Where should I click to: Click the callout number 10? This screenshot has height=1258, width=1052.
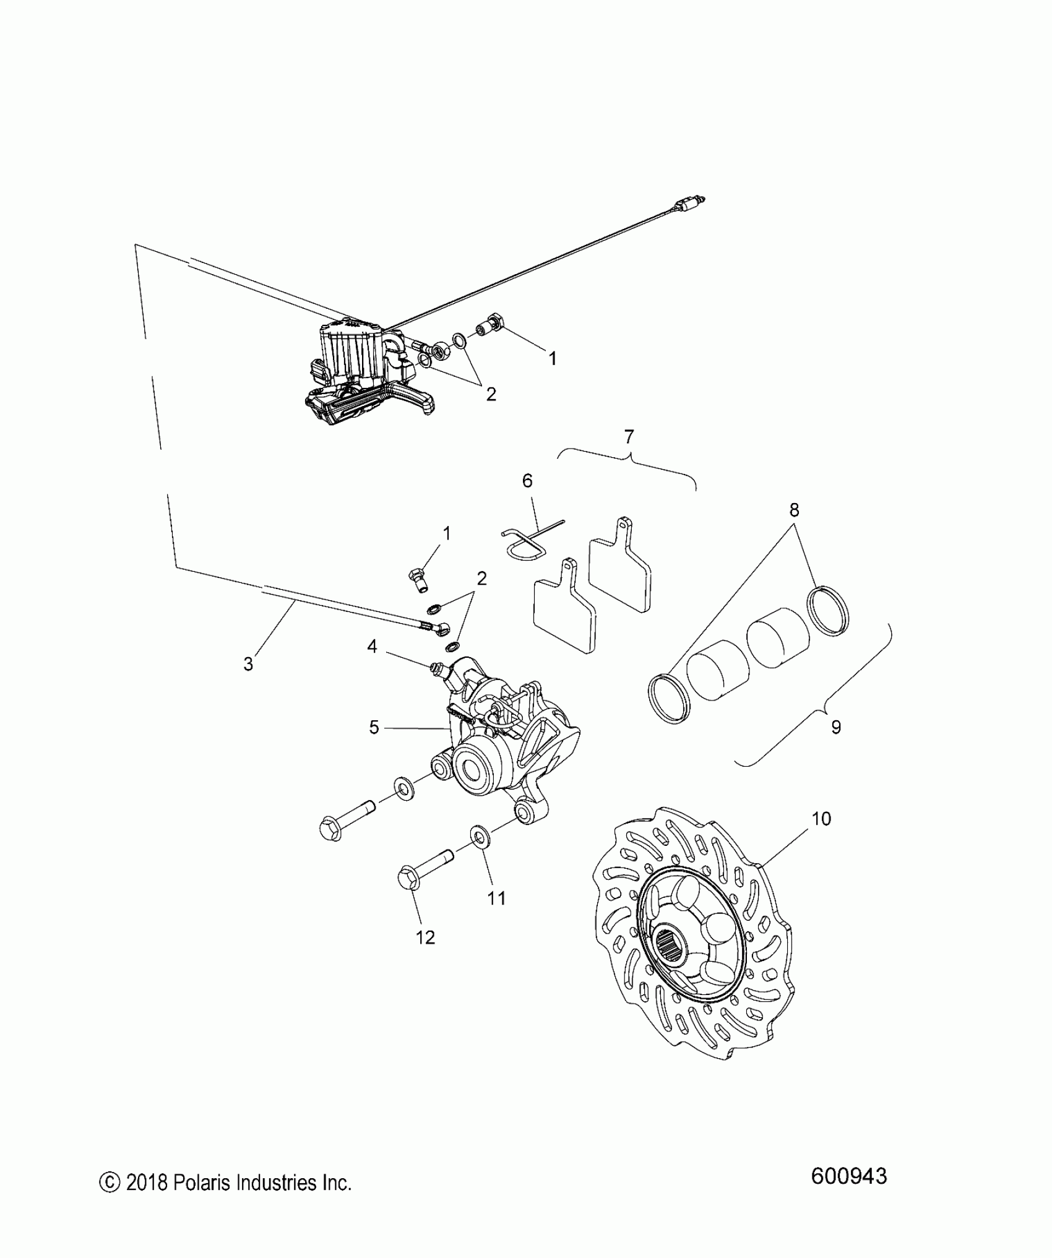tap(821, 819)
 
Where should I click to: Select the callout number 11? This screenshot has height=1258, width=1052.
tap(496, 897)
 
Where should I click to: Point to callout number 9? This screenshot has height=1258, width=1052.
tap(835, 727)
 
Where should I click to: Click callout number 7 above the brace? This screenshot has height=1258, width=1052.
tap(629, 437)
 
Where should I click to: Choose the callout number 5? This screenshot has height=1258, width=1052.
tap(374, 727)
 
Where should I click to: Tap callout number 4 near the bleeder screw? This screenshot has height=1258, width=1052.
tap(372, 647)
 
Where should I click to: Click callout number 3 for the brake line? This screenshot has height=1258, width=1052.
tap(248, 664)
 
